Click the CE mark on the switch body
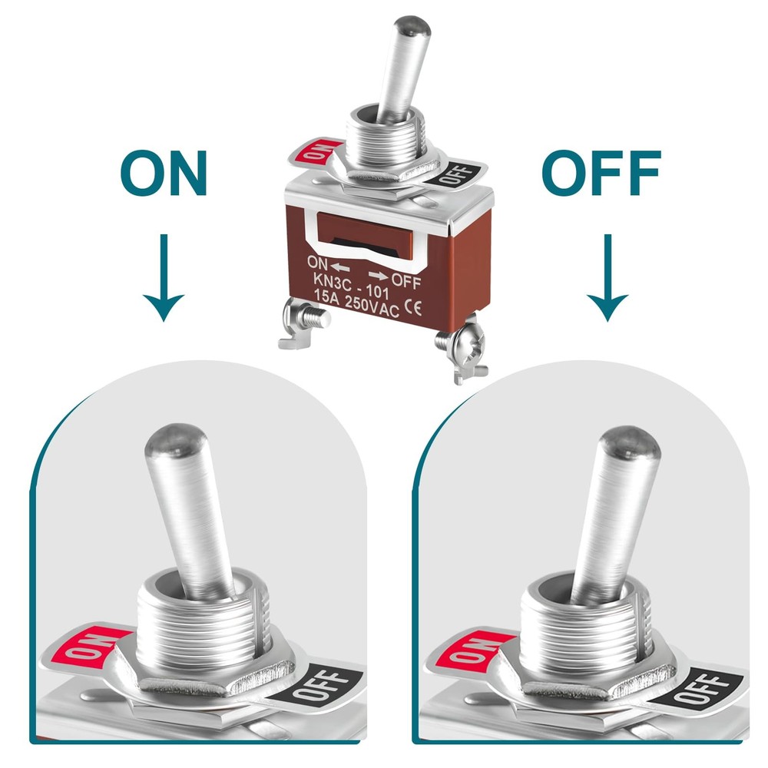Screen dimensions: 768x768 click(x=411, y=310)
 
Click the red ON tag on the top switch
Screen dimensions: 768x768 click(x=313, y=150)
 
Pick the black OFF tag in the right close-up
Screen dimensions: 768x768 click(x=705, y=687)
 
